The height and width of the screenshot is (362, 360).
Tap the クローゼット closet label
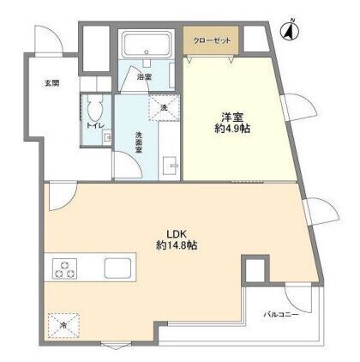click(x=212, y=40)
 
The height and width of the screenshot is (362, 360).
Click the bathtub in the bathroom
click(x=147, y=43)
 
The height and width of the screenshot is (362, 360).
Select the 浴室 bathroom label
click(x=144, y=77)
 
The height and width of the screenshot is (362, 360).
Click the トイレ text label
click(x=95, y=126)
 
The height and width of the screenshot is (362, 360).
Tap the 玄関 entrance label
click(x=52, y=83)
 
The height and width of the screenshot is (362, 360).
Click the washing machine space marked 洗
click(x=164, y=109)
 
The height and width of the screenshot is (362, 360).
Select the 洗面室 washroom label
click(x=139, y=142)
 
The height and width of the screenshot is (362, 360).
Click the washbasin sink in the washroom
click(x=171, y=166)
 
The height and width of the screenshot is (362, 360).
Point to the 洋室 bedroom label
click(x=232, y=118)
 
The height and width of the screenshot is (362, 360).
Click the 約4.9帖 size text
click(x=232, y=129)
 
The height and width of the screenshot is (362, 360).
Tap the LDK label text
click(x=177, y=234)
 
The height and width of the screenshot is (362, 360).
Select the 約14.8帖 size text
click(x=177, y=245)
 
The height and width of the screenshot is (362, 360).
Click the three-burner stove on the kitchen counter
click(x=64, y=268)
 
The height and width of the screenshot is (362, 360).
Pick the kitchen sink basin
click(x=117, y=268)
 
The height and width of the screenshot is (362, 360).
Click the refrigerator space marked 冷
click(x=63, y=325)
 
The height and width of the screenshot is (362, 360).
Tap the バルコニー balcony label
click(x=280, y=315)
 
